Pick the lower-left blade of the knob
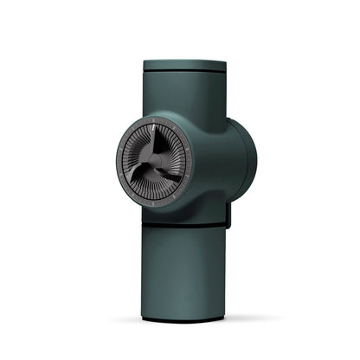[x=137, y=173]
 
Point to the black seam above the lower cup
[x=186, y=228]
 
